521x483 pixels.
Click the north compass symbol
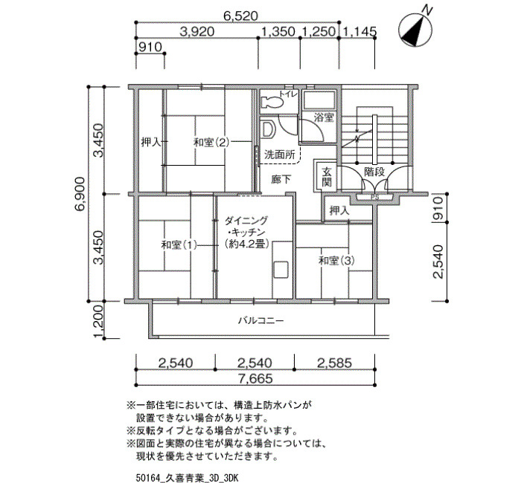point(415,30)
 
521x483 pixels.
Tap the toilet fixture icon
point(272,103)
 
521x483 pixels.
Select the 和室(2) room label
point(211,143)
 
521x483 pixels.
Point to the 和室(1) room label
point(179,245)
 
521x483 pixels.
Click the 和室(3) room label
point(336,261)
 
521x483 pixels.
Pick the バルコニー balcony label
point(260,321)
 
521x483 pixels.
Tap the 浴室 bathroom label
point(324,117)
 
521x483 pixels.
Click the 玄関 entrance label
point(326,177)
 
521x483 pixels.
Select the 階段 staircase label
point(374,172)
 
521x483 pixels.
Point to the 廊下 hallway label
point(281,180)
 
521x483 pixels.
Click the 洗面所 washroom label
point(279,155)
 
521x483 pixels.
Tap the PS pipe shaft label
point(375,198)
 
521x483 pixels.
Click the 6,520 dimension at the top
point(240,16)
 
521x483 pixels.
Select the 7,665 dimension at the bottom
point(255,378)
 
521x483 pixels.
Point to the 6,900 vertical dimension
point(80,194)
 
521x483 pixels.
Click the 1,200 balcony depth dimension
point(99,321)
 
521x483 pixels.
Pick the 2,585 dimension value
point(334,363)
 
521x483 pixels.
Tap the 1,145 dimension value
point(359,31)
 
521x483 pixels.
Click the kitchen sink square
point(281,269)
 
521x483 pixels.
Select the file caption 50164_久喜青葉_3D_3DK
point(187,478)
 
